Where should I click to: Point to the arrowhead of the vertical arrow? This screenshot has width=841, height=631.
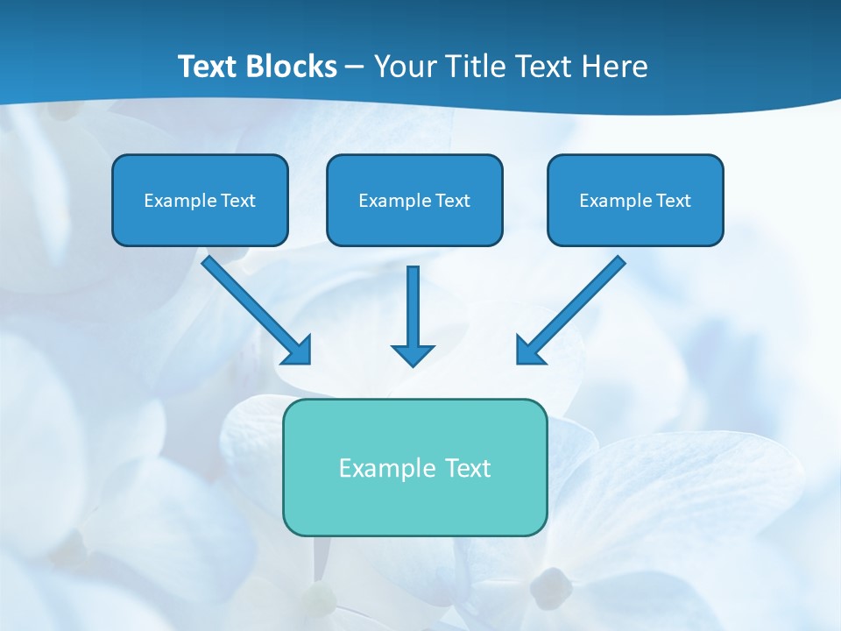tap(413, 355)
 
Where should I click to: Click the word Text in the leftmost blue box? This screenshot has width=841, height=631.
tap(237, 201)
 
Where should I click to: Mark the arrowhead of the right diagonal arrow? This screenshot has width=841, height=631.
tap(528, 351)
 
